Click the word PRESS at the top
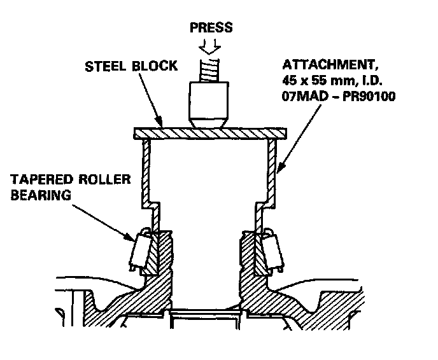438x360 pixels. click(x=211, y=27)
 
